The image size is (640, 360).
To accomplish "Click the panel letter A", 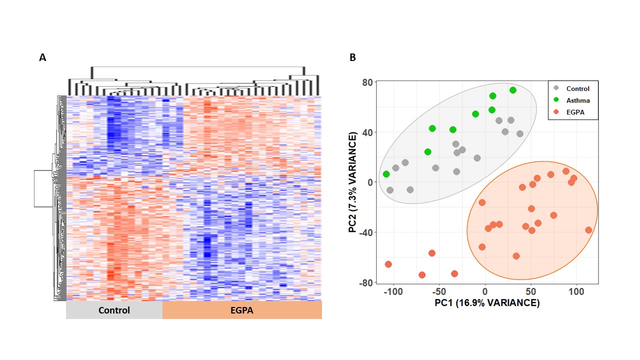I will tap(42, 58).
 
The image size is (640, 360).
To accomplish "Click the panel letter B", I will tap(352, 58).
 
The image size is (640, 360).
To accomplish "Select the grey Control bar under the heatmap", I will tap(114, 310).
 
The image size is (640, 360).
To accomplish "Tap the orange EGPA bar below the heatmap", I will tap(242, 310).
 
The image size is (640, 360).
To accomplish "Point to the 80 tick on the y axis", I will tap(368, 82).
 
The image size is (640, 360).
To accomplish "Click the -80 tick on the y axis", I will tap(367, 283).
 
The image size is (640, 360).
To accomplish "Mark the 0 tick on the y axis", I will tap(370, 182).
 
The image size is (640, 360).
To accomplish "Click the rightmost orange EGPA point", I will tap(588, 230).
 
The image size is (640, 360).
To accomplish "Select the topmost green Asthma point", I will tap(513, 90).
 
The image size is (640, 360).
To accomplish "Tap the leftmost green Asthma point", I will tap(386, 174).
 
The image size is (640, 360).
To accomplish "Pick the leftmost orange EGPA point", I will tap(388, 264).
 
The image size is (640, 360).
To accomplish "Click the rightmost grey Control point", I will tap(520, 134).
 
